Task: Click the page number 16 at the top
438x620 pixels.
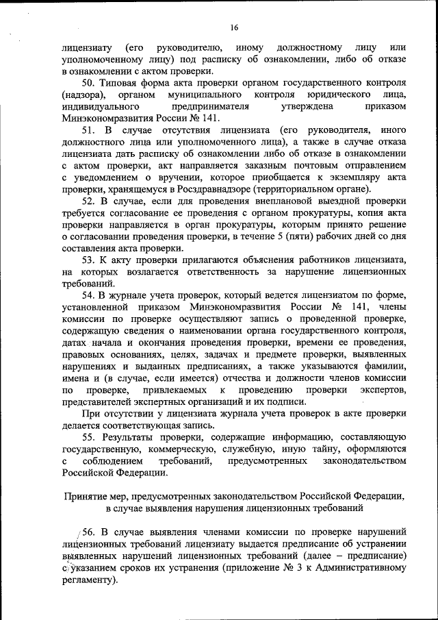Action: click(234, 27)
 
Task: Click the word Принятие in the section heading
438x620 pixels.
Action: click(86, 497)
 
